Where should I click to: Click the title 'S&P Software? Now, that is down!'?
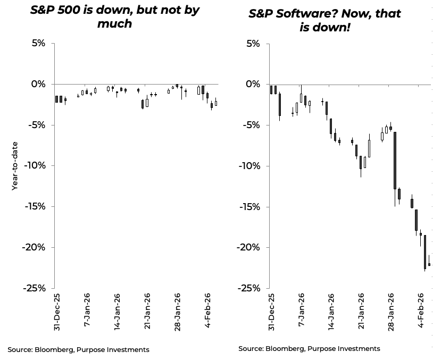coord(324,20)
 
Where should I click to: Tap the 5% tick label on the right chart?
coord(250,44)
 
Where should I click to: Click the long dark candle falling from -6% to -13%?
coord(395,160)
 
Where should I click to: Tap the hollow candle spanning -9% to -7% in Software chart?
coord(369,148)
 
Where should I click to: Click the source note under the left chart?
coord(78,349)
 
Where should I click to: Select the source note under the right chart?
coord(309,348)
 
